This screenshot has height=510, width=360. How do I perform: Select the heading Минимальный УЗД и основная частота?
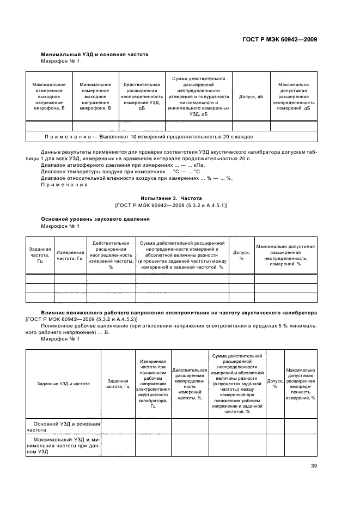95,54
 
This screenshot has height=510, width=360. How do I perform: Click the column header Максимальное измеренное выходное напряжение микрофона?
49,96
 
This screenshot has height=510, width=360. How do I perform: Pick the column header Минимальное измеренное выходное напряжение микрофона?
95,96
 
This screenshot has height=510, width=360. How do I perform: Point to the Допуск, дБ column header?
251,96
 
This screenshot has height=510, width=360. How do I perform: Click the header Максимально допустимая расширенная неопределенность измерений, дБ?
294,96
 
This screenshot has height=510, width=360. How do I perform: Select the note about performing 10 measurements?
149,137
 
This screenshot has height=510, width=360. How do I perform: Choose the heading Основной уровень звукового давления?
96,218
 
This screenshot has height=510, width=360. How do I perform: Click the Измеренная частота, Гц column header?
70,255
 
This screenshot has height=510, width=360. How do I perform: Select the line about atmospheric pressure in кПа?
123,164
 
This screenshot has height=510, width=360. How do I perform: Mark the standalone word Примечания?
64,185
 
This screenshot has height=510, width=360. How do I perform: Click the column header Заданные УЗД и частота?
63,384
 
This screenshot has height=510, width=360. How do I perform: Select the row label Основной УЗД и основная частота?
63,426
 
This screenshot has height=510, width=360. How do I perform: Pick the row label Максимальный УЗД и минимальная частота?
63,445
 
